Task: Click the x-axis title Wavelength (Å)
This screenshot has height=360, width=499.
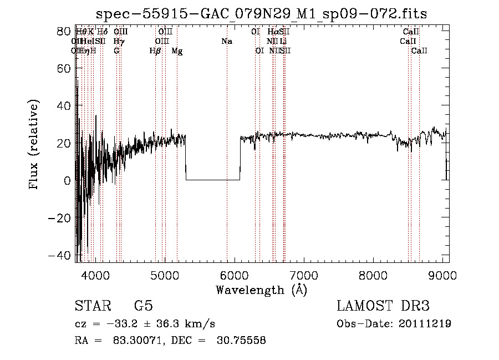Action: (x=261, y=290)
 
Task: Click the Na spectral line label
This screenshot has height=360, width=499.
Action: (x=227, y=42)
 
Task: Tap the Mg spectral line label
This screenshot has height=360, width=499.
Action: (x=177, y=51)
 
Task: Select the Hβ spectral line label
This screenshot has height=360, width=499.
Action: (x=155, y=51)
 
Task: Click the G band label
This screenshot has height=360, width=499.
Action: (x=116, y=51)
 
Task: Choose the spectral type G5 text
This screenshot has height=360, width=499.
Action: (x=143, y=306)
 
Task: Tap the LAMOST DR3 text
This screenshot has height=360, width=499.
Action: (x=383, y=306)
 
